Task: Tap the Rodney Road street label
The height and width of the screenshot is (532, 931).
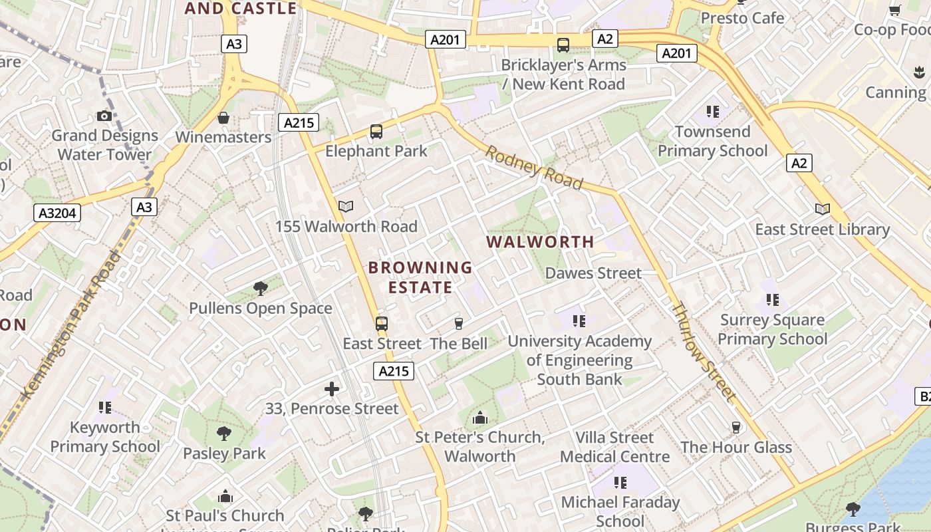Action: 534,168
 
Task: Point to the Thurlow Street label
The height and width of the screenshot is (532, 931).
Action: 704,352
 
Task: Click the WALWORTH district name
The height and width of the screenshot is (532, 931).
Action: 541,242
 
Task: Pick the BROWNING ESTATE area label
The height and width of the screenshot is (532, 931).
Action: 420,277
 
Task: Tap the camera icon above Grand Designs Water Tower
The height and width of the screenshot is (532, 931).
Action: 104,116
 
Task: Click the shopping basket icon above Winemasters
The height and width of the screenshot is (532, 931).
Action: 223,118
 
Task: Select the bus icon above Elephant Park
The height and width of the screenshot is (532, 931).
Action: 376,132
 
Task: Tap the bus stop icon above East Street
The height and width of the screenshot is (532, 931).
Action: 382,324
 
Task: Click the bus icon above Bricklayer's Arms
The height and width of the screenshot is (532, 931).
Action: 563,45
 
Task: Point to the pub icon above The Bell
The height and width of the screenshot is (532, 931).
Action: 458,324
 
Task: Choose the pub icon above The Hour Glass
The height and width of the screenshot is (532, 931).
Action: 735,427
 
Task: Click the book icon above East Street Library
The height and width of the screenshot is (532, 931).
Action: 823,209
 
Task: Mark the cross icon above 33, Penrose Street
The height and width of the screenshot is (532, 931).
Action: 332,389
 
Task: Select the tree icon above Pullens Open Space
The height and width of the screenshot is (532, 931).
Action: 261,289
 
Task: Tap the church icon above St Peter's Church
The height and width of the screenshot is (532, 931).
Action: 479,418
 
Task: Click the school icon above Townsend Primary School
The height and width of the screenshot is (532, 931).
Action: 713,112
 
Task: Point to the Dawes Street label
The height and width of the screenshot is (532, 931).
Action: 593,273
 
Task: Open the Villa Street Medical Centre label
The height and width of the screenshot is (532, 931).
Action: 614,447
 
